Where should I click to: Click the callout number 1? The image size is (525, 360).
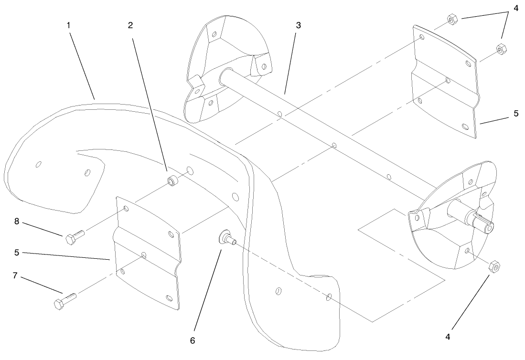(x=69, y=25)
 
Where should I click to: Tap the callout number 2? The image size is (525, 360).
(x=130, y=25)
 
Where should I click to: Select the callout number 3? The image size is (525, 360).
(x=298, y=25)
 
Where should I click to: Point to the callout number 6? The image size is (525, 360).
(x=193, y=340)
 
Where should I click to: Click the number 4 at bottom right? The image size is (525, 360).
(x=448, y=337)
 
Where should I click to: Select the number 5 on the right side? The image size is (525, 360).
(x=516, y=114)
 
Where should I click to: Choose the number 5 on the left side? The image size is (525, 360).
(x=16, y=253)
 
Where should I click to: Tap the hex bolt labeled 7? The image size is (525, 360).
(x=65, y=300)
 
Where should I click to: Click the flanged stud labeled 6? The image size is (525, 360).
(x=227, y=237)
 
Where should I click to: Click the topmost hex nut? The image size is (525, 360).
(x=451, y=20)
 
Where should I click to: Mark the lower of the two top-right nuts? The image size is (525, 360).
(x=500, y=49)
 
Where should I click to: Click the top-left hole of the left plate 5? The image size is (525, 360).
(x=126, y=209)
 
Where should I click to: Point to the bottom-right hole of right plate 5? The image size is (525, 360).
(x=465, y=126)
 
